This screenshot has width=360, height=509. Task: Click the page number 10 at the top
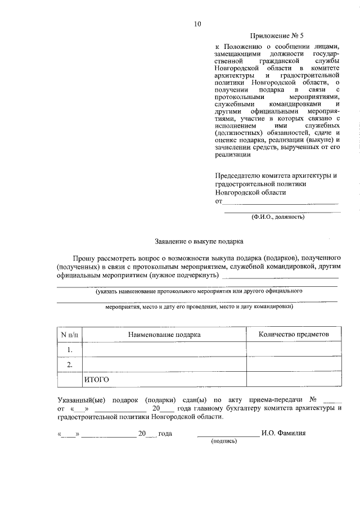click(x=197, y=24)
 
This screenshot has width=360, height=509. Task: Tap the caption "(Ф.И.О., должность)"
click(x=278, y=216)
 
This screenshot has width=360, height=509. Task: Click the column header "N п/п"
click(x=70, y=334)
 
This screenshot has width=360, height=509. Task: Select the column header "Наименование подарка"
click(x=164, y=334)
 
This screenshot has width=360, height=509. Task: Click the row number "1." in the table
click(x=70, y=350)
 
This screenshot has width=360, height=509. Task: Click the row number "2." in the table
click(x=70, y=365)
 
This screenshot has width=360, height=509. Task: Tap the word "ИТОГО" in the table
click(x=96, y=380)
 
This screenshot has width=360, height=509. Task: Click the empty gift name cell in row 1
click(x=164, y=350)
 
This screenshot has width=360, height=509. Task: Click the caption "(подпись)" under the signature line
click(x=224, y=442)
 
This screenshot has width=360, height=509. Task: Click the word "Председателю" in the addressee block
click(x=239, y=175)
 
